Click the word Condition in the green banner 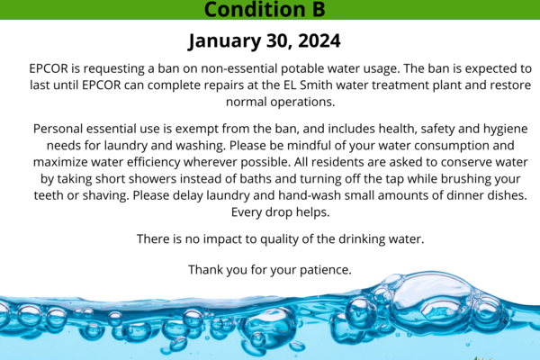[x=255, y=9]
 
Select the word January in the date [x=224, y=41]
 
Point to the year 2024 [x=319, y=40]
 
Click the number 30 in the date [x=279, y=41]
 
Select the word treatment [x=400, y=85]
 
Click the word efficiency [x=154, y=163]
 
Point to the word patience [x=325, y=270]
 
